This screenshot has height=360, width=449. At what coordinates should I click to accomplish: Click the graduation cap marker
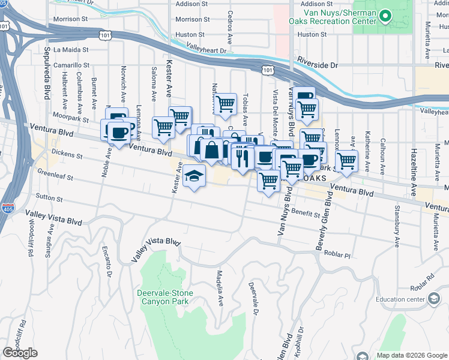click(194, 176)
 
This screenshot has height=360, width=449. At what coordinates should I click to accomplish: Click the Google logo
click(20, 353)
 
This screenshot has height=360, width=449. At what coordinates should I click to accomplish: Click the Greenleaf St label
click(55, 178)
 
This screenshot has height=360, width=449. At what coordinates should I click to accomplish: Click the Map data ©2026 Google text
click(412, 355)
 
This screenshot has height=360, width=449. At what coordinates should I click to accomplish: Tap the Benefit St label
click(306, 213)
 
